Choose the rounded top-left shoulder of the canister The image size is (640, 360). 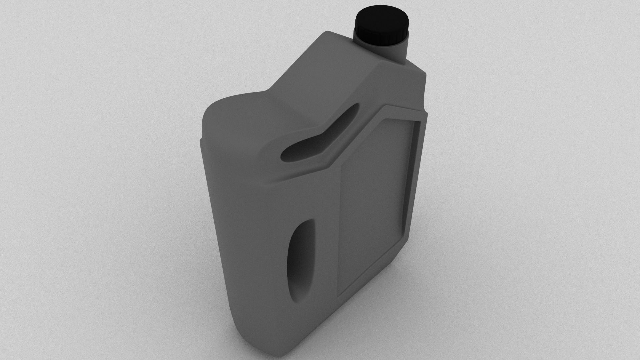pyautogui.click(x=213, y=110)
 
